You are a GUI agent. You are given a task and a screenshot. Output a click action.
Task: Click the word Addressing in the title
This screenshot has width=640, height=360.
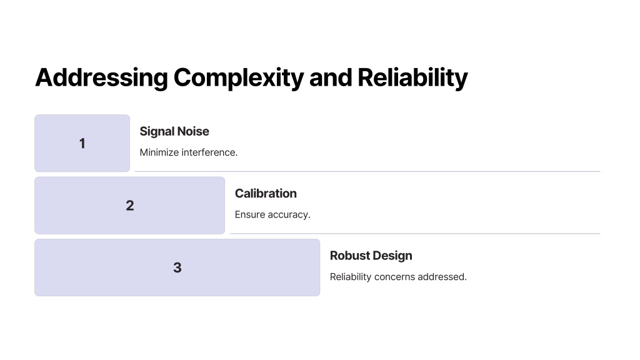(102, 77)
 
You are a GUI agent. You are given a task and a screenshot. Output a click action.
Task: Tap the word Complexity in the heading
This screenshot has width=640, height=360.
(239, 78)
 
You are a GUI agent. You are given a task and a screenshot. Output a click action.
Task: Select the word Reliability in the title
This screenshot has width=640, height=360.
(412, 77)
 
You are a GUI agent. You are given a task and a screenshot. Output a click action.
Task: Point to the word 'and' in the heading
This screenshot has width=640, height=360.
(331, 77)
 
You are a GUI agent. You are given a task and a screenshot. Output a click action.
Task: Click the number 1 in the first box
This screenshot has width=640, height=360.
(82, 143)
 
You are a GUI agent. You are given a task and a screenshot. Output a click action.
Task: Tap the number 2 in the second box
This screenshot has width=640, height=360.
(130, 205)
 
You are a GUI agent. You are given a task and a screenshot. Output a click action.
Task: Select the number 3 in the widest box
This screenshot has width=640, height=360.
(177, 267)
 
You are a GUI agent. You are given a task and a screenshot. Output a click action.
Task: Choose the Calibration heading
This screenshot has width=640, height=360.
(266, 194)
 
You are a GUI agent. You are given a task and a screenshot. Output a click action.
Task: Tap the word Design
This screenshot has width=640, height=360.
(392, 256)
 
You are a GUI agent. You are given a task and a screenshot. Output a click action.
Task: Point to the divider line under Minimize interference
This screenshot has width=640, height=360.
(367, 171)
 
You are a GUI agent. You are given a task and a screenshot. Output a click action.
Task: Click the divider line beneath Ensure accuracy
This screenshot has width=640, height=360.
(415, 234)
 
